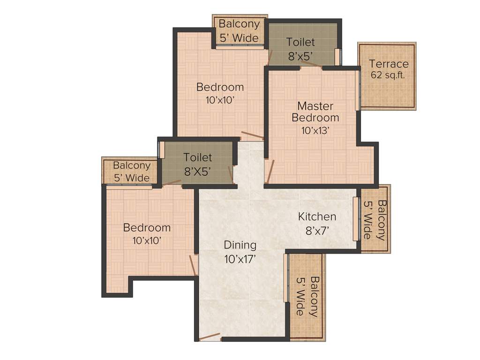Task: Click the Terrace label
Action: pos(389,64)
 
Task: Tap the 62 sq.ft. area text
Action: pos(388,75)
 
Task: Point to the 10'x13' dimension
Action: pos(314,130)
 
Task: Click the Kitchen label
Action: pos(317,217)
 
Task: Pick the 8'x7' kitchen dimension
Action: pos(317,230)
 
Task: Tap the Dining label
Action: pos(240,245)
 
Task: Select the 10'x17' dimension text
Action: pos(240,259)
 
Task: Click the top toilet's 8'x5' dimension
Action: pos(301,56)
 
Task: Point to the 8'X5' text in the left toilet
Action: pos(197,172)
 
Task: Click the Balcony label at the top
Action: pos(239,23)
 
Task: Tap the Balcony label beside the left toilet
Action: pos(132,165)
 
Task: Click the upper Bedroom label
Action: pos(220,87)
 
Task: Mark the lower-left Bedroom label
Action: pos(147,228)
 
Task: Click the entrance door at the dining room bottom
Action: pos(209,337)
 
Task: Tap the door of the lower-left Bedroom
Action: pos(193,265)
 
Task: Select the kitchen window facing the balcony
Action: pos(355,218)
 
